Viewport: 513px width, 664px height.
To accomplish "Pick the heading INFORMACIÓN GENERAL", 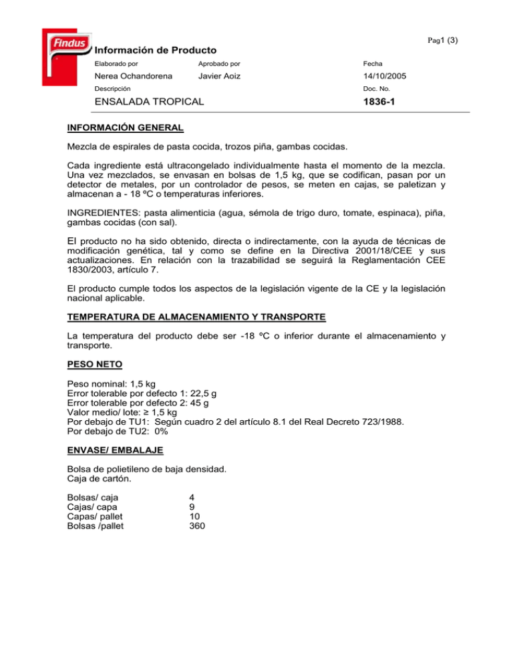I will coord(126,126).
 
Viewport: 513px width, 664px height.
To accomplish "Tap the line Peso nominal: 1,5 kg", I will coord(112,385).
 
